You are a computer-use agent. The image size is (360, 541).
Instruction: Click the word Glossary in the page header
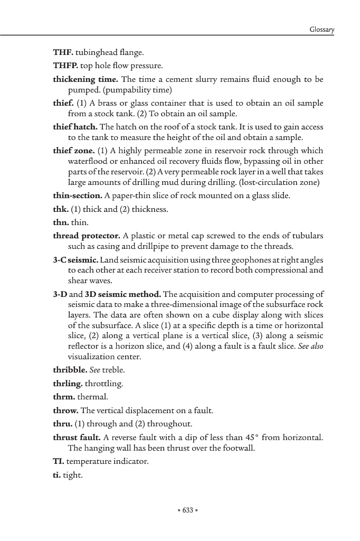[321, 30]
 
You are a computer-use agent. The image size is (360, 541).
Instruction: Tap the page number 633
[187, 510]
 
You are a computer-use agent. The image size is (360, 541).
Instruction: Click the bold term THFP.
[65, 67]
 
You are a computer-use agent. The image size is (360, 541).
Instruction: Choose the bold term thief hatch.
[75, 127]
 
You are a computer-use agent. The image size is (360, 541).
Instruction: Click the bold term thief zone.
[74, 151]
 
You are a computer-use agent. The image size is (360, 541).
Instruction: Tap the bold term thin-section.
[78, 196]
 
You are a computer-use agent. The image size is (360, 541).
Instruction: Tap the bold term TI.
[58, 462]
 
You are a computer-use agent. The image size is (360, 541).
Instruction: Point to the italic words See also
[310, 346]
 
